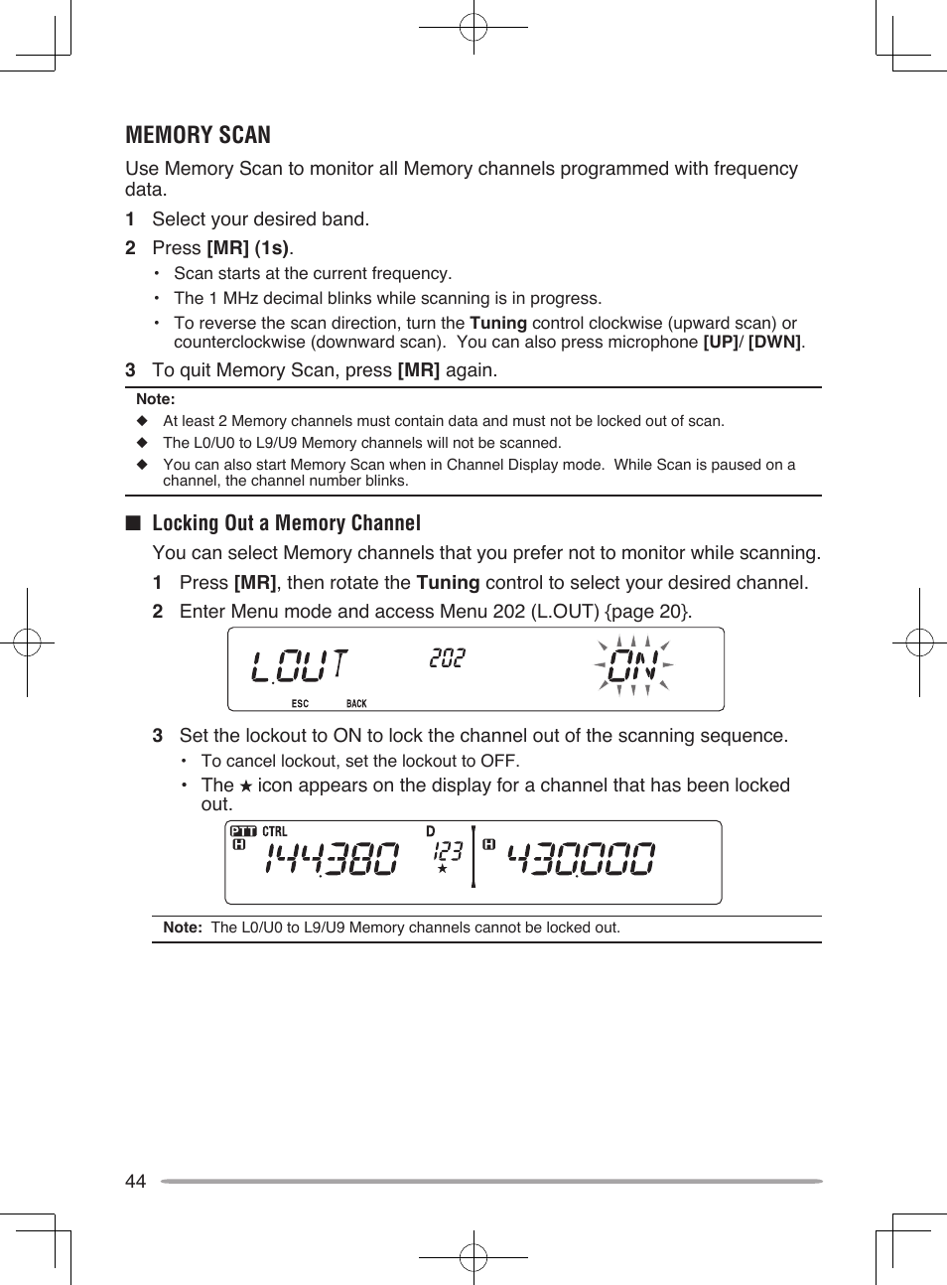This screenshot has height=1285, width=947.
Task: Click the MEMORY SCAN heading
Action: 198,135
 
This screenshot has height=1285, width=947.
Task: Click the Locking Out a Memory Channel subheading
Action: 286,523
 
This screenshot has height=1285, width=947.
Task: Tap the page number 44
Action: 135,1181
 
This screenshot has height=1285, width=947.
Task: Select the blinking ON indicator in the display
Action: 633,665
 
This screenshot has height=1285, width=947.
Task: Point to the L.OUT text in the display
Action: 299,665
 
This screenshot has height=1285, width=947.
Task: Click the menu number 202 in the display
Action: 447,658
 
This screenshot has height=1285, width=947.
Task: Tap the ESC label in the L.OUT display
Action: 300,704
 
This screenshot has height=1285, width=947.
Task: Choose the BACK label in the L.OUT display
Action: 356,704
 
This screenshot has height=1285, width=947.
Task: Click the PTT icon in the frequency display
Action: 243,831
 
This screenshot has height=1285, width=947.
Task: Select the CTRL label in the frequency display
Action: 275,831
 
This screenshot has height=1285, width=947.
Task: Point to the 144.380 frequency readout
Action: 332,859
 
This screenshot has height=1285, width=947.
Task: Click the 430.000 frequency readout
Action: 582,859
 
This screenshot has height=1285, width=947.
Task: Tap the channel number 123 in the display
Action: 448,851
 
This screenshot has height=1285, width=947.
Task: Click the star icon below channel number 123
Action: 443,869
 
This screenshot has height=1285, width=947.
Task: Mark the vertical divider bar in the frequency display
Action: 473,855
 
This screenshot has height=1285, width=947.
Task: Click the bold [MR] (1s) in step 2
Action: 248,248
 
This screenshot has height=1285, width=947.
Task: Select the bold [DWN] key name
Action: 774,343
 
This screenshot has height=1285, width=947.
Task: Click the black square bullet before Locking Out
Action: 133,523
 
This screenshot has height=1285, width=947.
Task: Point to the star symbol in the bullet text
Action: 246,786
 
